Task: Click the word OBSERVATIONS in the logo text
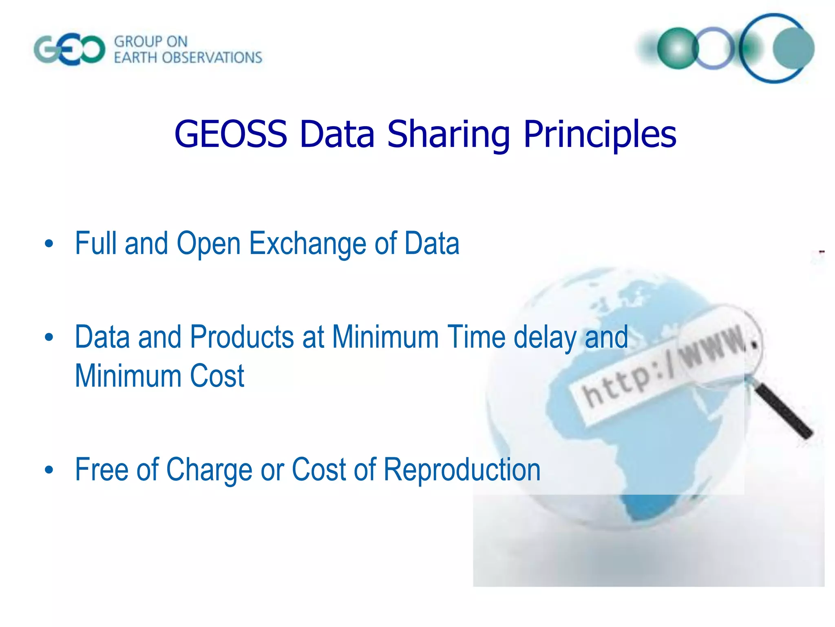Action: pyautogui.click(x=212, y=58)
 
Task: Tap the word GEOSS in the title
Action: pyautogui.click(x=231, y=134)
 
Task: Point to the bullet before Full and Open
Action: pyautogui.click(x=49, y=244)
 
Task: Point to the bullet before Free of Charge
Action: pyautogui.click(x=49, y=470)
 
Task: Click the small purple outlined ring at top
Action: pyautogui.click(x=714, y=48)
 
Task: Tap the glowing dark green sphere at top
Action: pyautogui.click(x=678, y=48)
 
